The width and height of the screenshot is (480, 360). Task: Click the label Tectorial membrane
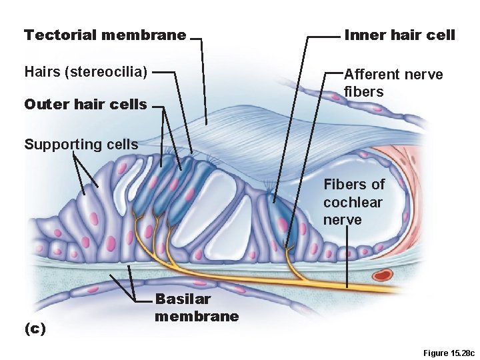click(x=105, y=35)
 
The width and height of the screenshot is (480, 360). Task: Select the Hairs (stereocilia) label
click(x=85, y=71)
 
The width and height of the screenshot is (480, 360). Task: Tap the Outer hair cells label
click(x=85, y=105)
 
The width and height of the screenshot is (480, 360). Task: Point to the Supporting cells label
click(x=81, y=144)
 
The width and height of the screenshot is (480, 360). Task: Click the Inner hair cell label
click(x=399, y=35)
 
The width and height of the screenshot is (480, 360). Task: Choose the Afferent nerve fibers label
click(x=393, y=83)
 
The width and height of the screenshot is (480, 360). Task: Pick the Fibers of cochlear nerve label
click(x=354, y=202)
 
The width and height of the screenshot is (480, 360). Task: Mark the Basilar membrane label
click(x=197, y=307)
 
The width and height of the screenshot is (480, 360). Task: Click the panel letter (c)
click(x=35, y=329)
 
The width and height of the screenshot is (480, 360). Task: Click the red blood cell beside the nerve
click(x=383, y=274)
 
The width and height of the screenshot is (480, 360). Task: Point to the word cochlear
click(x=354, y=202)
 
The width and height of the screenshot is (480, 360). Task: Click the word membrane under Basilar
click(x=197, y=316)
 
